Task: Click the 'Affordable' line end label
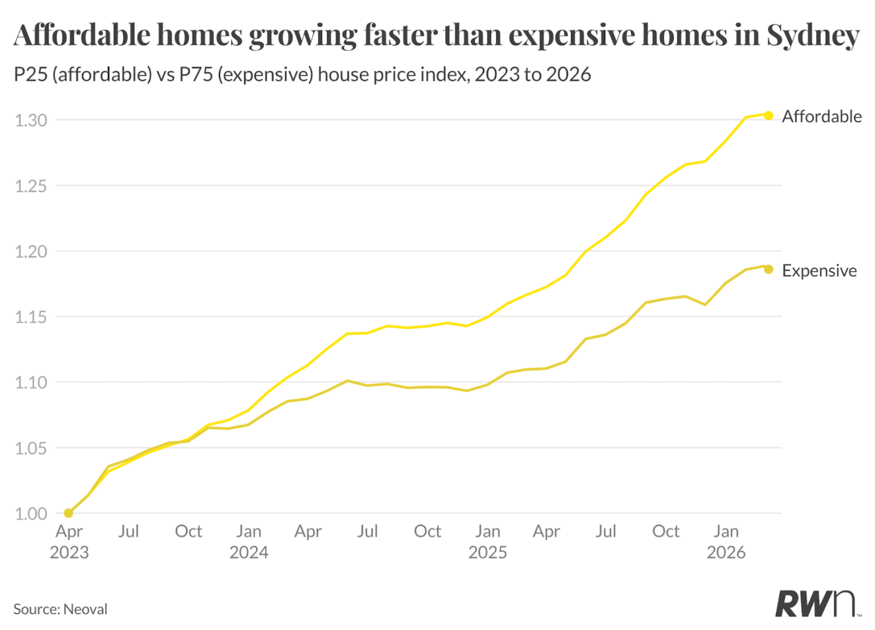821,117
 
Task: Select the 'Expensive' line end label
819,270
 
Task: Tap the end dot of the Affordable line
768,115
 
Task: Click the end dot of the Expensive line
768,270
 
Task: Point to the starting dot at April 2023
68,513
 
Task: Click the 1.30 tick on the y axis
31,120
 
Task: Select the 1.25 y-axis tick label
31,186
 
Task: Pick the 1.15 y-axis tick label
31,317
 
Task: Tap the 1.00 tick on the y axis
31,513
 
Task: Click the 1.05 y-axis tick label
31,449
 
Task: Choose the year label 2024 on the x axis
249,553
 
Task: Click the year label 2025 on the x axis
487,553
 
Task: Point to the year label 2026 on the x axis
726,553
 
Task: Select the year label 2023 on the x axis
69,553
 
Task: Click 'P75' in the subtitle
195,74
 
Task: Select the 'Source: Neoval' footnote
60,609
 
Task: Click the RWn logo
817,604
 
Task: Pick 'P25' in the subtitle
30,74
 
